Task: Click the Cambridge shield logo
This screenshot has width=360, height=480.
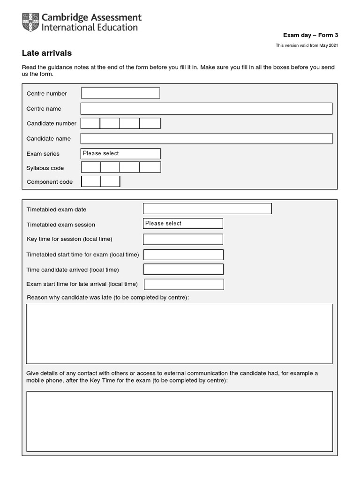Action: (x=30, y=22)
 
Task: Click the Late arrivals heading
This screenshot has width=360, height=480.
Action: (x=47, y=53)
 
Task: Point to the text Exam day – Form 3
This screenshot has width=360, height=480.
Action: (x=310, y=35)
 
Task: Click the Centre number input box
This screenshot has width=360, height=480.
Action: (x=120, y=93)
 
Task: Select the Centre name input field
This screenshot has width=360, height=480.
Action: (x=206, y=109)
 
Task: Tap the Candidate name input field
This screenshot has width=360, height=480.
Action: (x=206, y=139)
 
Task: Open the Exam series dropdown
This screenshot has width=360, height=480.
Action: (x=120, y=154)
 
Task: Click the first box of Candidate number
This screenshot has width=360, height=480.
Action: (x=90, y=123)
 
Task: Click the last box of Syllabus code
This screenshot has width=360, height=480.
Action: (x=150, y=167)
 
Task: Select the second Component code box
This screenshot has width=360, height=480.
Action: (x=110, y=181)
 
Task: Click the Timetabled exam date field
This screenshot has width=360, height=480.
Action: (x=207, y=209)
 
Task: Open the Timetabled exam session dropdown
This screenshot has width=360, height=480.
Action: (x=183, y=224)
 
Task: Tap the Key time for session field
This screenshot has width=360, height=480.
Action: (x=183, y=239)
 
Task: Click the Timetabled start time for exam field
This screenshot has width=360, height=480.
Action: (x=183, y=255)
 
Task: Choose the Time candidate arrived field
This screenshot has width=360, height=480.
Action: (x=183, y=270)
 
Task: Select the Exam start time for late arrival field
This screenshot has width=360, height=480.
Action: (x=184, y=285)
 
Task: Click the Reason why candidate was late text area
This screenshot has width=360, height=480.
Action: (x=179, y=334)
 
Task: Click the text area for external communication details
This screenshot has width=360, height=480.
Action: (x=180, y=421)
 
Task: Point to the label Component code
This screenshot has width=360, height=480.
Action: (x=50, y=182)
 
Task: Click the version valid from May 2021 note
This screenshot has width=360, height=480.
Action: (x=307, y=45)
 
